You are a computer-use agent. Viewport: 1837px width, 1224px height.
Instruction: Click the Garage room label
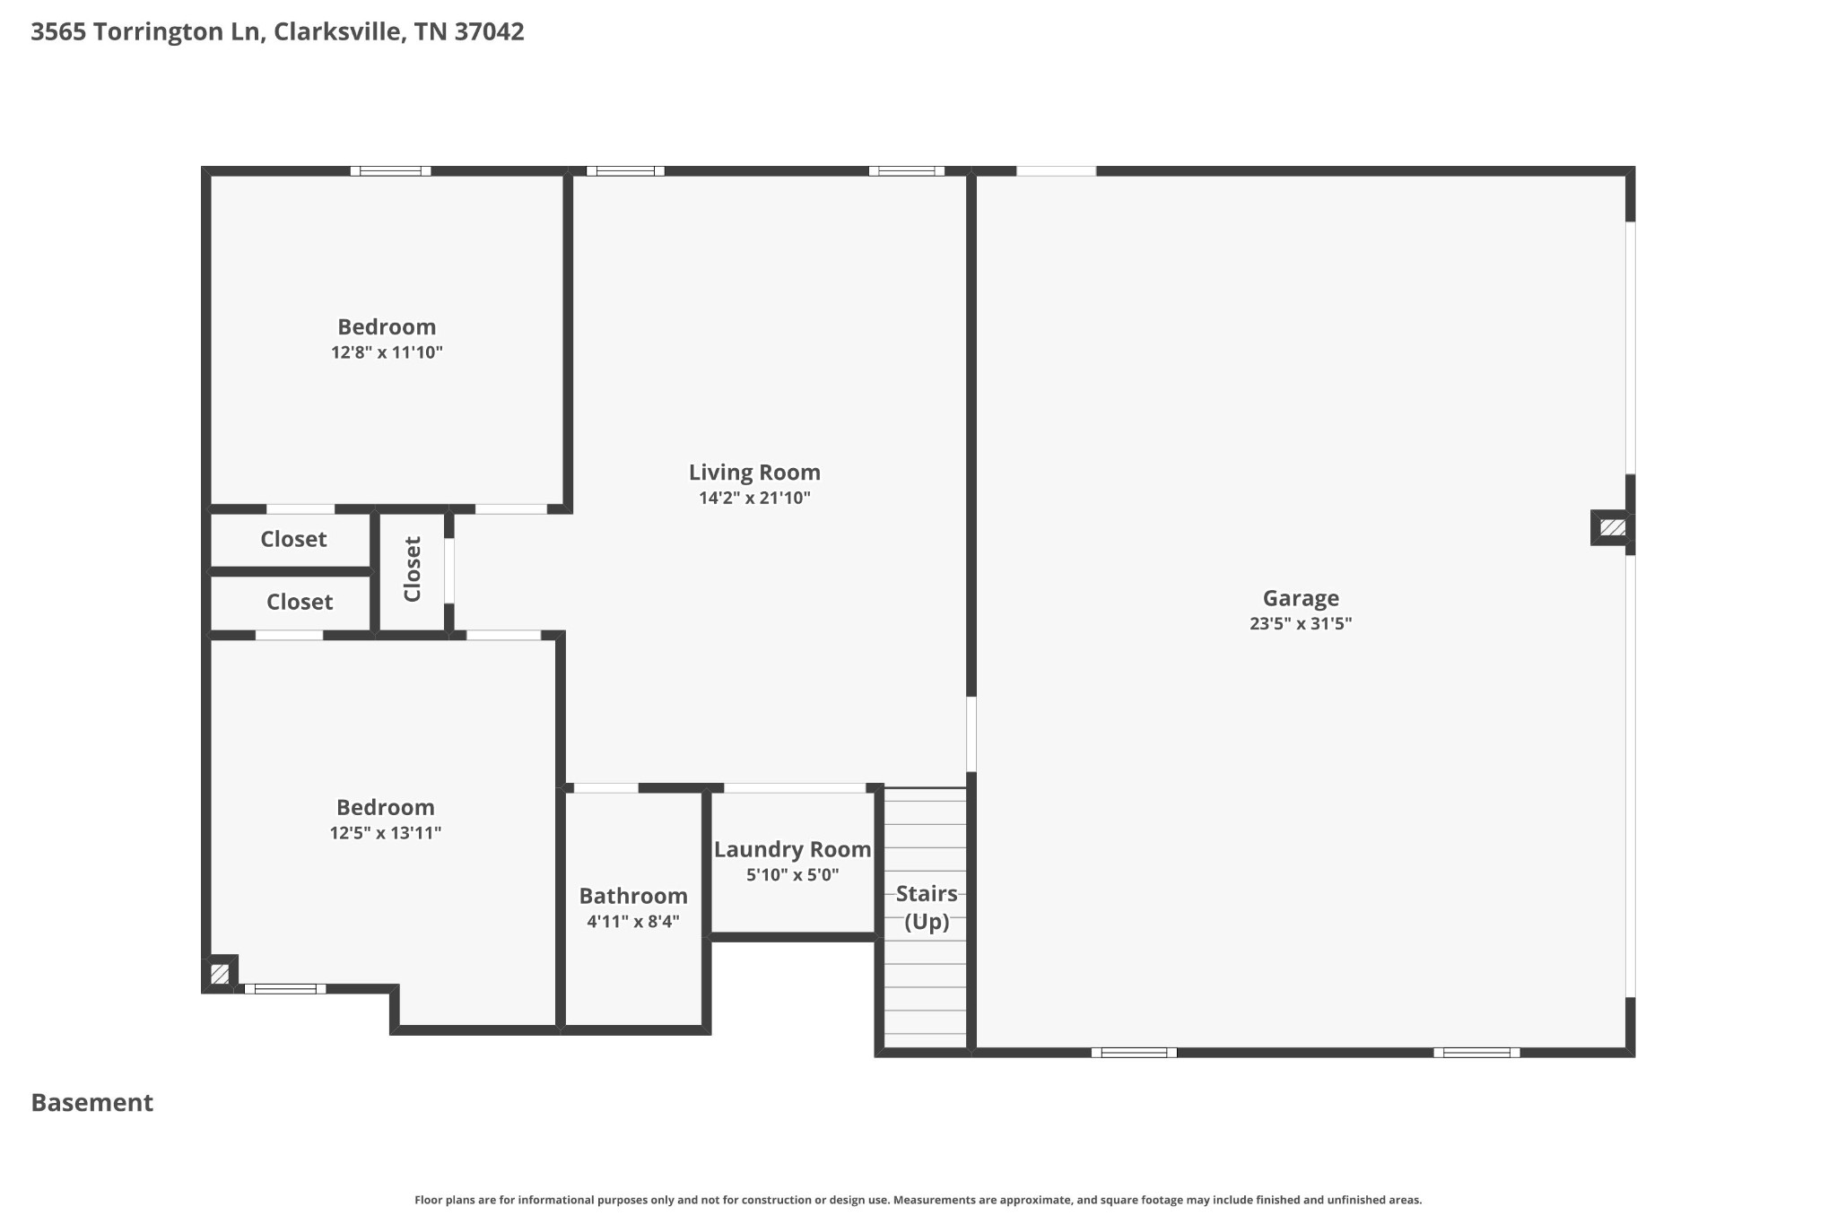coord(1300,598)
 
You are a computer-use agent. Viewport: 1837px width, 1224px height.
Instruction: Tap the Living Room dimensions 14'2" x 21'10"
coord(754,498)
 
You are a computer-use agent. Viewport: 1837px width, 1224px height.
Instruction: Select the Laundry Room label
coord(792,849)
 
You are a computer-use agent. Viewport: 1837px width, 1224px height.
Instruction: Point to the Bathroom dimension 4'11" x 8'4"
coord(633,921)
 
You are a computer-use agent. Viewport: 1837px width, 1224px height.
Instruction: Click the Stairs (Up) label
coord(927,907)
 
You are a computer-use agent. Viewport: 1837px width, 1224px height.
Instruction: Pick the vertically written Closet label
coord(413,569)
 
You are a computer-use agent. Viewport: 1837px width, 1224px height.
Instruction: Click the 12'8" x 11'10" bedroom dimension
coord(387,352)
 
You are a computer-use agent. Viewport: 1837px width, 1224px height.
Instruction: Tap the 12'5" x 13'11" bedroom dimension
coord(386,833)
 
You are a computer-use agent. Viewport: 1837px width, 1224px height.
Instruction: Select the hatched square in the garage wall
coord(1612,527)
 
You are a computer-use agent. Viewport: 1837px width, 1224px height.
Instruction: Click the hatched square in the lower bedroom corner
coord(220,973)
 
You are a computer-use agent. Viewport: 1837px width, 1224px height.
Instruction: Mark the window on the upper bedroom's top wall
coord(390,170)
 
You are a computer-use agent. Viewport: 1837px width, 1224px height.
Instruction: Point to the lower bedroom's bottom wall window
coord(285,989)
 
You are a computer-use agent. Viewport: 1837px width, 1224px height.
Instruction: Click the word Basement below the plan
coord(92,1102)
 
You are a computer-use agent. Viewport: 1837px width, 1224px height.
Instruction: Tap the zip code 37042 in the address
coord(489,32)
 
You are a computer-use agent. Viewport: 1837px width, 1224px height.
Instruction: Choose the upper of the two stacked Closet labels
coord(293,539)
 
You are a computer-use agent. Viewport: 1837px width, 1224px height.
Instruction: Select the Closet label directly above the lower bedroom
coord(300,602)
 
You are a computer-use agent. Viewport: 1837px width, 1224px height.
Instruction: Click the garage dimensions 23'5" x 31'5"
coord(1300,624)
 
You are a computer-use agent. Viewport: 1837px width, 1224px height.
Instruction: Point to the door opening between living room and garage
coord(971,734)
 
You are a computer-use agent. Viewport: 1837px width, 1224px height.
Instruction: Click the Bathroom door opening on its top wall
coord(605,787)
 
